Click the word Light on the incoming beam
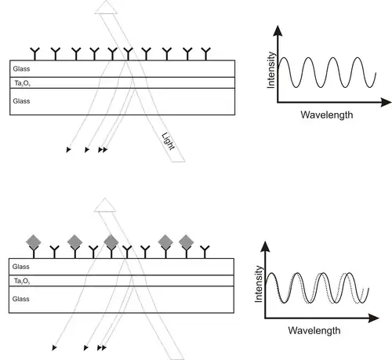pos(168,142)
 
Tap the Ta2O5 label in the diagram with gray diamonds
pos(22,281)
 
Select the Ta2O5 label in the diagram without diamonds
pos(23,83)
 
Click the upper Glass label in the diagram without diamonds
pos(21,69)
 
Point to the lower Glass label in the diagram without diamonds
pos(21,101)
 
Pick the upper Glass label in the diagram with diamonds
pos(21,267)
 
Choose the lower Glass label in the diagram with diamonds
pos(21,299)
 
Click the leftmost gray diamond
pos(34,242)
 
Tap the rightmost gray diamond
pos(187,242)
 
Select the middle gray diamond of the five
pos(111,242)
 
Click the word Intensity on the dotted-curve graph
pos(258,284)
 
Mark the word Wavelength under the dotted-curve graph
pos(314,330)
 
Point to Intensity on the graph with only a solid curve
pos(271,70)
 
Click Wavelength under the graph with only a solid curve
pos(327,115)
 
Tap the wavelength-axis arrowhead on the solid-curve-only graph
pos(386,102)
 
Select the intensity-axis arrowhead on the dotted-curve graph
pos(265,246)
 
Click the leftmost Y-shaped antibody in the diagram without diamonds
pos(34,54)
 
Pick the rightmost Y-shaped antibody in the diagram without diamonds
pos(206,54)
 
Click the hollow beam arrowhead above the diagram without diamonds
pos(106,7)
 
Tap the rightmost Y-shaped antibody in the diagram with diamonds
pos(205,252)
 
